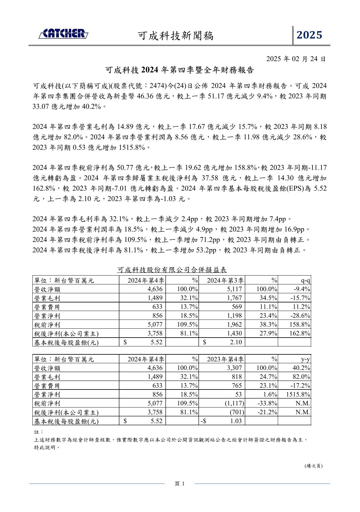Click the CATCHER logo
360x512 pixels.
pos(63,34)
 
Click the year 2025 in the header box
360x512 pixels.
pos(310,35)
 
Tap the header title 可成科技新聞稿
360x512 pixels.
pos(176,36)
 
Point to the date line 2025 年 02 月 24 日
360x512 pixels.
pos(296,59)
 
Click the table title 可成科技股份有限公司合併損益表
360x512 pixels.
pos(172,270)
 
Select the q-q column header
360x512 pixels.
pos(305,280)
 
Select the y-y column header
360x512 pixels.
pos(305,359)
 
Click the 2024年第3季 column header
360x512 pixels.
pos(225,280)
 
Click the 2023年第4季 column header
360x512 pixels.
pos(225,359)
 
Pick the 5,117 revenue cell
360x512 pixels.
pos(234,289)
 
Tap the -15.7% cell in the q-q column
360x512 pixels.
pos(300,298)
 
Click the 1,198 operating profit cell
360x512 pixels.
pos(234,316)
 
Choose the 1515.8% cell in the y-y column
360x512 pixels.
pos(298,394)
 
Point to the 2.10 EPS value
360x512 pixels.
pos(236,342)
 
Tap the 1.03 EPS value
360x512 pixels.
pos(236,421)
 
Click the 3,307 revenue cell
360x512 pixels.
pos(234,368)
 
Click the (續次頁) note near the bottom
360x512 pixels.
pos(314,466)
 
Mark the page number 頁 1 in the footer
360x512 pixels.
pos(179,484)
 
